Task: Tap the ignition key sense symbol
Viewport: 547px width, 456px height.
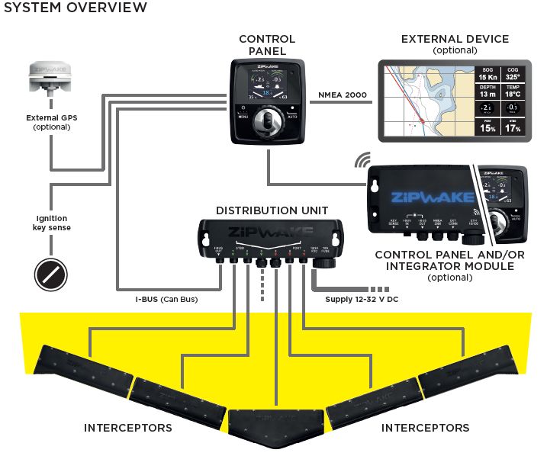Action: pyautogui.click(x=50, y=271)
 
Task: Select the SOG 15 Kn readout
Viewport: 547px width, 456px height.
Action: pyautogui.click(x=487, y=73)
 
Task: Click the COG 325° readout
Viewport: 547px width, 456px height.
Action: pyautogui.click(x=513, y=73)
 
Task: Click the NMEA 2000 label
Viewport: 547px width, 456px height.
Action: pyautogui.click(x=341, y=95)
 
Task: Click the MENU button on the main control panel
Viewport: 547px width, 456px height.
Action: pyautogui.click(x=243, y=117)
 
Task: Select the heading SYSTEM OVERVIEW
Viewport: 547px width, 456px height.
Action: pyautogui.click(x=74, y=8)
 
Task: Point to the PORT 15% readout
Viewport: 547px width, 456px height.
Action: pyautogui.click(x=487, y=128)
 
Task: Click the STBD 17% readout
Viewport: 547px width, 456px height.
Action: pyautogui.click(x=513, y=128)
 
